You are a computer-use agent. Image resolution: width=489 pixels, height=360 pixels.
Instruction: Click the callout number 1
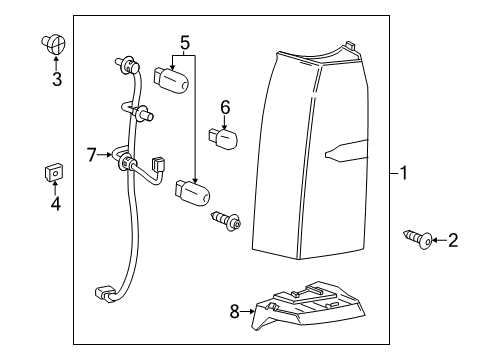[402, 173]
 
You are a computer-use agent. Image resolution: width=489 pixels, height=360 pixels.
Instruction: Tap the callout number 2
[453, 267]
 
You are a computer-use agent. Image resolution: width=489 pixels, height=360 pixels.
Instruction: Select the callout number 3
[57, 79]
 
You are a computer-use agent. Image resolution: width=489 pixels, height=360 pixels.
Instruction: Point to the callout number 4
[56, 204]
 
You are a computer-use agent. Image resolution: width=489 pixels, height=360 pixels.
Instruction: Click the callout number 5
[185, 42]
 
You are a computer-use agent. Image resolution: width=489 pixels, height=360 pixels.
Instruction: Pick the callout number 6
[225, 106]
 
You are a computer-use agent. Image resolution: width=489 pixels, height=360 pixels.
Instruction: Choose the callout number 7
[91, 155]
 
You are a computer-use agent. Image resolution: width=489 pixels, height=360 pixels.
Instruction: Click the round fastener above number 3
[55, 44]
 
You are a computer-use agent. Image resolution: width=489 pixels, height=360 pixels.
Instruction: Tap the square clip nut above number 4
[56, 173]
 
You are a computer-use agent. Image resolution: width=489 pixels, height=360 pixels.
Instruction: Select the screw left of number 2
[420, 267]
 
